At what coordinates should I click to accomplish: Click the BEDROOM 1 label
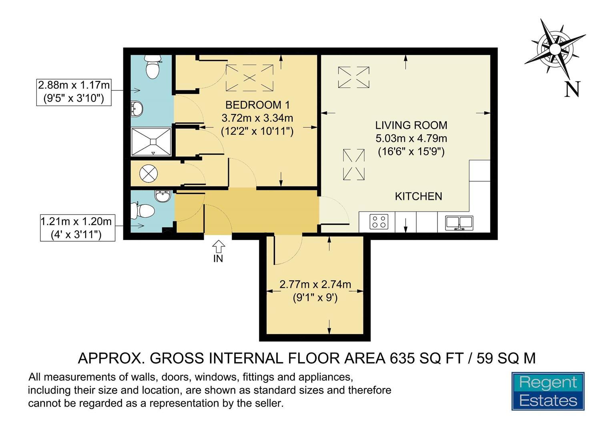tap(257, 105)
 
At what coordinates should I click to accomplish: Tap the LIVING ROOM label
tap(411, 125)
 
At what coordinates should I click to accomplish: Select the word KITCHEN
tap(418, 196)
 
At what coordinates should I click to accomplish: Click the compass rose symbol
tap(555, 49)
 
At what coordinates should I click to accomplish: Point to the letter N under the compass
tap(572, 89)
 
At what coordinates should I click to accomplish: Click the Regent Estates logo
tap(548, 391)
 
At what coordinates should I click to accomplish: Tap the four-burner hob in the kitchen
tap(379, 222)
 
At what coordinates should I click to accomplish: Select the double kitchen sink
tap(459, 223)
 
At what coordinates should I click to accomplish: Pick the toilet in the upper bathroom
tap(152, 66)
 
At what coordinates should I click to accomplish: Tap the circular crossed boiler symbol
tap(148, 174)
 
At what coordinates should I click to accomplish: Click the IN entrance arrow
tap(219, 246)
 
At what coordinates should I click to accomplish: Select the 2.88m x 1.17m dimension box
tap(74, 92)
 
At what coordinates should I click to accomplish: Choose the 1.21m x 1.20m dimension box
tap(77, 228)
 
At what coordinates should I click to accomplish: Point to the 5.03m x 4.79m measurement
tap(411, 138)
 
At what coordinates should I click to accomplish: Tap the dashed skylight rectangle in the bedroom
tap(249, 78)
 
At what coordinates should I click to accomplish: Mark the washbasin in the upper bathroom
tap(137, 108)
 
